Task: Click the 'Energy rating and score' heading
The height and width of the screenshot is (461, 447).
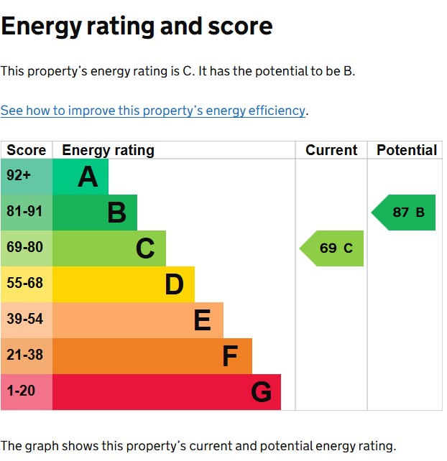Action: [137, 27]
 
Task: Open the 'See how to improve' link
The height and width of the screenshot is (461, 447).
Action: [153, 111]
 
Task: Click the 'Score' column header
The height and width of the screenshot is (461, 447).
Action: [27, 150]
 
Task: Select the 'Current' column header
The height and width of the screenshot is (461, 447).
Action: [331, 150]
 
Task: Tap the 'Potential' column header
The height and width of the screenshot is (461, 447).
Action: [407, 150]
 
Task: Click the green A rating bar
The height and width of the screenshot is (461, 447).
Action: [80, 177]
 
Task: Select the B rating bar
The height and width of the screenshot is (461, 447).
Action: [95, 213]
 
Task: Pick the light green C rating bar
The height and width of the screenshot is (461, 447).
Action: [109, 248]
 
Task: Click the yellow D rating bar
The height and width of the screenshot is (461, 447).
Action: [124, 284]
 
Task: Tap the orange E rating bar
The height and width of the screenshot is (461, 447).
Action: [138, 320]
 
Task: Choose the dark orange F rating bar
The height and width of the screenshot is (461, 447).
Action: [152, 356]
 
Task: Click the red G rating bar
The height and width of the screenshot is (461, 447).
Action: [167, 392]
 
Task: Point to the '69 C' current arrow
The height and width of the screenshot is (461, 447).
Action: [333, 248]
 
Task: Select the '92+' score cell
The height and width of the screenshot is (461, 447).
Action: [27, 177]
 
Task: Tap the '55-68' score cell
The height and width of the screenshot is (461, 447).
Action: [27, 284]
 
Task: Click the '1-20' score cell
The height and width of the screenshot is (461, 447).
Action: [27, 392]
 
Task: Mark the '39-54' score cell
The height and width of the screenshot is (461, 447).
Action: [27, 320]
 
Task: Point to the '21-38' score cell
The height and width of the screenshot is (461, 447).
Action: [27, 356]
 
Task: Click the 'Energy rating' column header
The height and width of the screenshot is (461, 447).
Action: [109, 150]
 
